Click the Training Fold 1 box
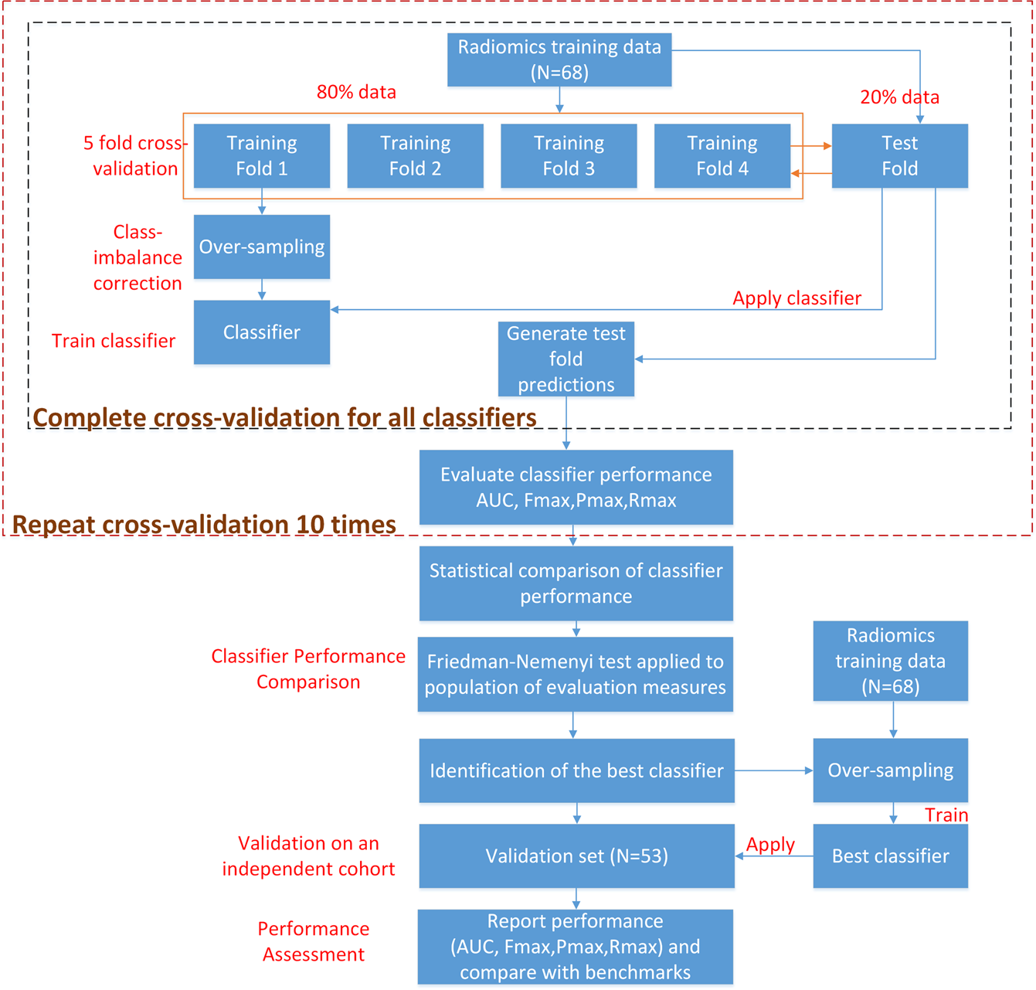261,156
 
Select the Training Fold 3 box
569,156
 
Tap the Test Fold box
899,156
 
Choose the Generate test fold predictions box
566,359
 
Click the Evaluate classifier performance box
576,488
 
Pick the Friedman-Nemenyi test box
575,675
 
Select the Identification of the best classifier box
576,771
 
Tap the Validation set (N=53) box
576,856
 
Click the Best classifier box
890,856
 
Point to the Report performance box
575,947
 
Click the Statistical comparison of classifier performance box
576,583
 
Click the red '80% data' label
356,92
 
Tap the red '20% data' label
899,97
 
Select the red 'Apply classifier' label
797,298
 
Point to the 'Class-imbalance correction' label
138,258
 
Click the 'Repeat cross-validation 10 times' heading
204,525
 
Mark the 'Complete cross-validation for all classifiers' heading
284,418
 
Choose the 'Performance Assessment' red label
313,941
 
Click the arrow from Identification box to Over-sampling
773,771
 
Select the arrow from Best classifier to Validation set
773,856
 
